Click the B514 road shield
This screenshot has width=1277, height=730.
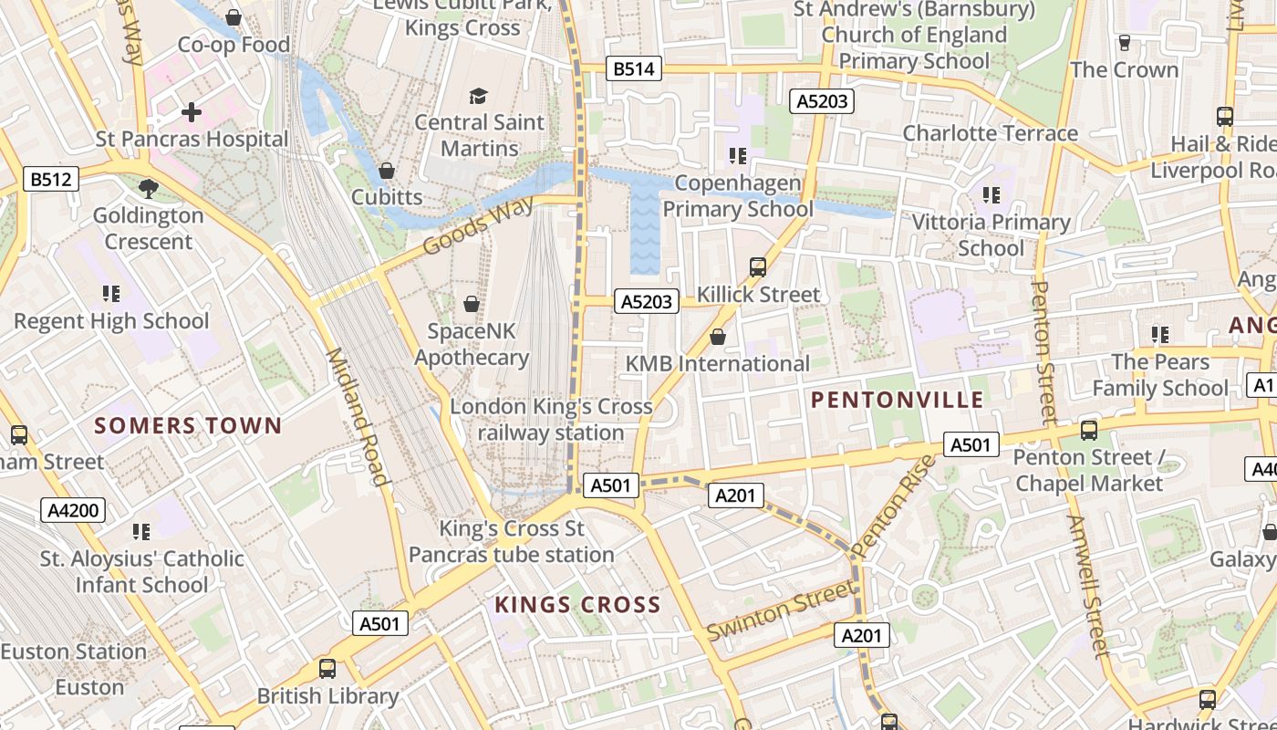pyautogui.click(x=633, y=68)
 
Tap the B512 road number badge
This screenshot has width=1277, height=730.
pyautogui.click(x=50, y=179)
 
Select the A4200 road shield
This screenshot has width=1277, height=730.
pyautogui.click(x=73, y=510)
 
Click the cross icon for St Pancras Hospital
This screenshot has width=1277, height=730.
pyautogui.click(x=192, y=112)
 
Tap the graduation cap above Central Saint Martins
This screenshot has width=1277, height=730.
pyautogui.click(x=478, y=96)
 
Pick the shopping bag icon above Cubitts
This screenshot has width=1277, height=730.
pyautogui.click(x=387, y=171)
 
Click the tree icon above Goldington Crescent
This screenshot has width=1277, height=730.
pyautogui.click(x=148, y=189)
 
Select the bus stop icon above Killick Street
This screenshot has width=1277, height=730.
pyautogui.click(x=758, y=267)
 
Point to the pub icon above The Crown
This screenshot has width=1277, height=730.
pyautogui.click(x=1124, y=43)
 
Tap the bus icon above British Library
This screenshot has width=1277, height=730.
pyautogui.click(x=327, y=669)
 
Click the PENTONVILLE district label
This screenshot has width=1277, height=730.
pyautogui.click(x=898, y=400)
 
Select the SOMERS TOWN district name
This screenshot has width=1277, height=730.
pyautogui.click(x=188, y=426)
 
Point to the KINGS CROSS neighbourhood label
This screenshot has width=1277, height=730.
pyautogui.click(x=577, y=605)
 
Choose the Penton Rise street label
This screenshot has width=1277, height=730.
pyautogui.click(x=894, y=507)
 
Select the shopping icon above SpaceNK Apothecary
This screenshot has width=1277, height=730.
pyautogui.click(x=472, y=304)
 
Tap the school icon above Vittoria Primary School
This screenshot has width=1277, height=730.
pyautogui.click(x=991, y=195)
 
